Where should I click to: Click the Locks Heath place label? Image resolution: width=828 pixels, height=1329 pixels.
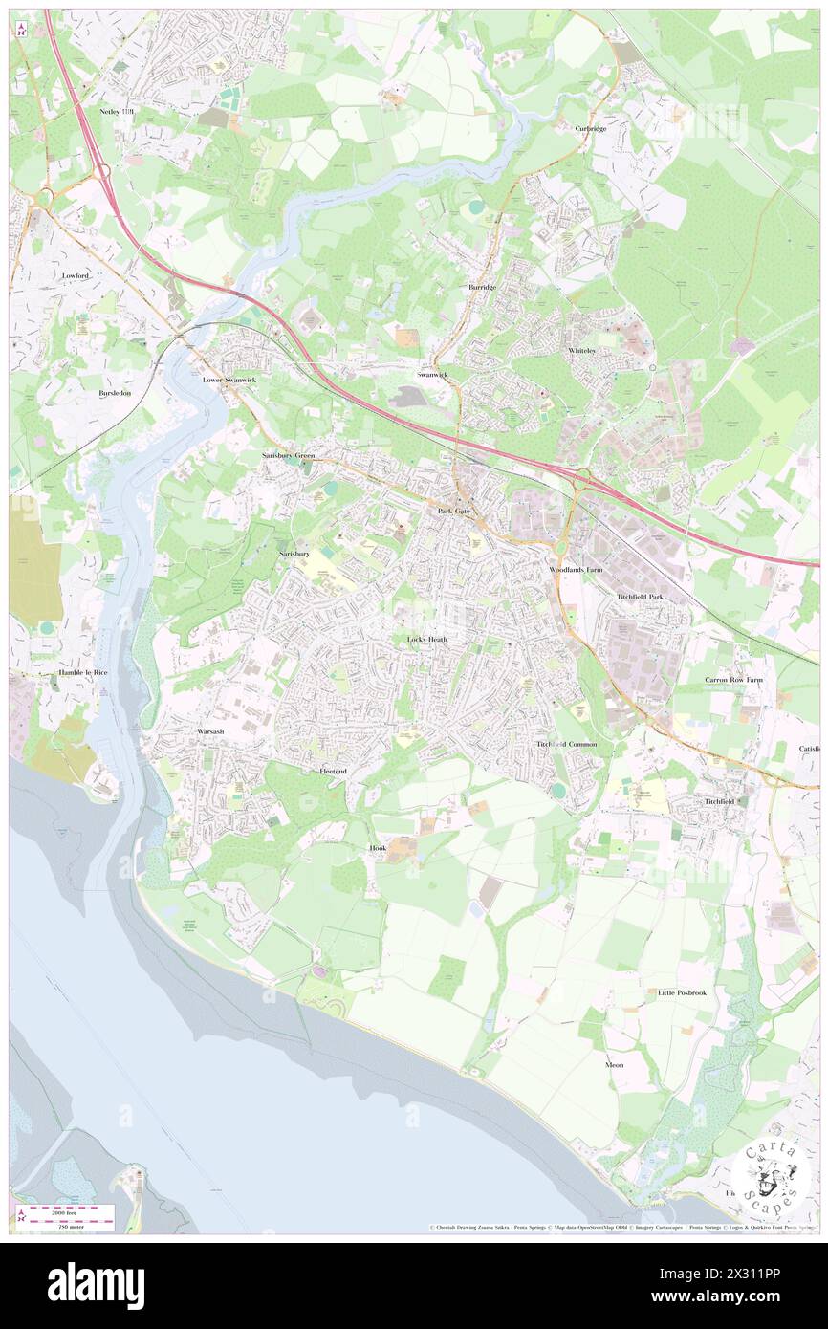pos(426,639)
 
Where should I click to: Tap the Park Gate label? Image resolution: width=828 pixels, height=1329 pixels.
pos(454,512)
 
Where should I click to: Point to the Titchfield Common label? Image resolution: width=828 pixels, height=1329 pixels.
pos(566,744)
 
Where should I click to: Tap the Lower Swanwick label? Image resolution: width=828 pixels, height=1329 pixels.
pos(229,380)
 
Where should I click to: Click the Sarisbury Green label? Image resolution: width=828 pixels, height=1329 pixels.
pos(288,456)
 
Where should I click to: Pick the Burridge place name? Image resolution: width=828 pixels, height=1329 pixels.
pos(482,287)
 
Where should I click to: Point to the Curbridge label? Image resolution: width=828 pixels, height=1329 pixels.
pos(591,129)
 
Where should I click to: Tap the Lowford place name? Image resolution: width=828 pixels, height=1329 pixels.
pos(76,275)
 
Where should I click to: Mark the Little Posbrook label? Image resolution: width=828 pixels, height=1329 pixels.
pos(682,992)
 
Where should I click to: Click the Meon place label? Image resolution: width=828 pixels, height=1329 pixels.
pos(614,1064)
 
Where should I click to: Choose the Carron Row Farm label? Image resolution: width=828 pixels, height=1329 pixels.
pos(734,680)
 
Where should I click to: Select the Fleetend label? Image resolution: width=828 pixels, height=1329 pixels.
pos(333,771)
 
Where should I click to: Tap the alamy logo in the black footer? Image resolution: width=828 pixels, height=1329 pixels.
pos(96,1286)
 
